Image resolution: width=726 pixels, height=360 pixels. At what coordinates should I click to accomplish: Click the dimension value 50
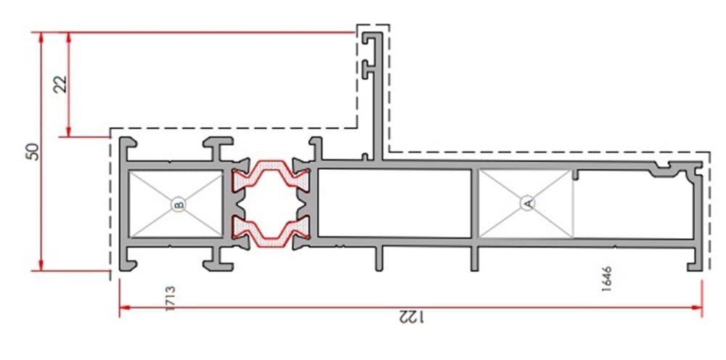33,151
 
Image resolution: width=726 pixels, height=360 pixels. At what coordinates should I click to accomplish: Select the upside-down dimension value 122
410,317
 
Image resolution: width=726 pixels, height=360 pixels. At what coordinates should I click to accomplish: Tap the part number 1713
170,298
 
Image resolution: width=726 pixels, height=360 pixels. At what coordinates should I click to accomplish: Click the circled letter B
179,205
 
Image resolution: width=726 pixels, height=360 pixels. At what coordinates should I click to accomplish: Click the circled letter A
528,204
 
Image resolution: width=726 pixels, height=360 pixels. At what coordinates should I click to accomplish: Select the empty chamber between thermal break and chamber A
394,203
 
